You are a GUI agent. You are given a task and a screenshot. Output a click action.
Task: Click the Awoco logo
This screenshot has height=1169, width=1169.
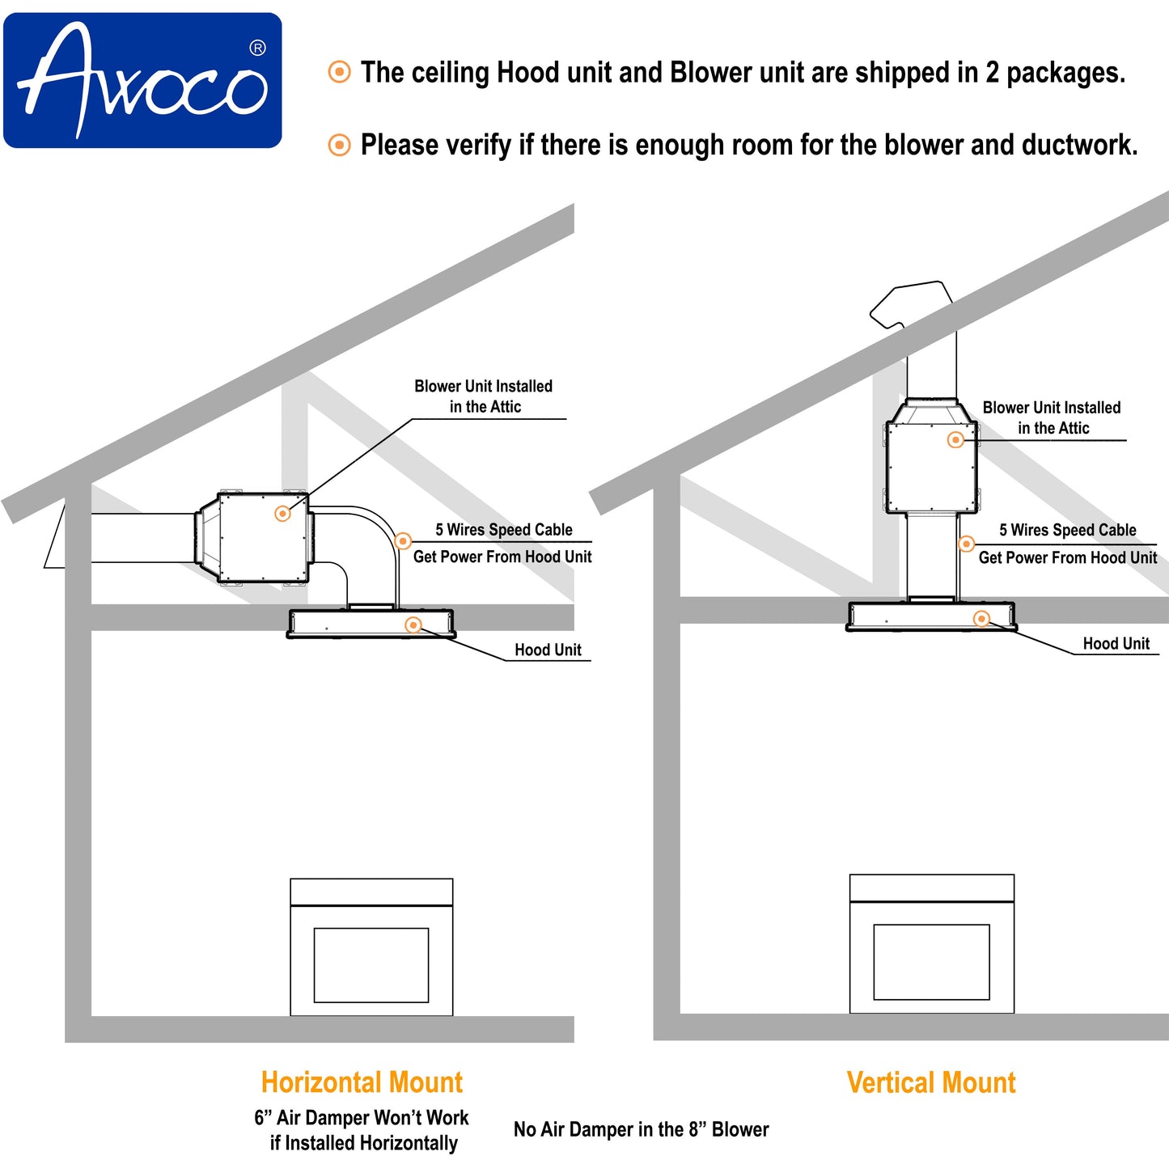(142, 80)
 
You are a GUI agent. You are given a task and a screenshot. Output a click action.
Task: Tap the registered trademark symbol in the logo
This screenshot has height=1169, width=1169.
(257, 49)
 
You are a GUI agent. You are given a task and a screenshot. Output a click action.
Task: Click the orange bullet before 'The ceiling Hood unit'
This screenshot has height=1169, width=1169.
(339, 72)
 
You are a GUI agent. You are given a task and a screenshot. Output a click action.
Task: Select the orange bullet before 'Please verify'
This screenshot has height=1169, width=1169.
(339, 145)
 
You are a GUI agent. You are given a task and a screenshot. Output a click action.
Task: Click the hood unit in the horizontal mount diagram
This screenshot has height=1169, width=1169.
(371, 624)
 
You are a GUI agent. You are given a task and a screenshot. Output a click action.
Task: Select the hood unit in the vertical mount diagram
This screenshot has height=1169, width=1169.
(930, 616)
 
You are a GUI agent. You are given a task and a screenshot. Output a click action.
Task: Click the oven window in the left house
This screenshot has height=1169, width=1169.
(371, 964)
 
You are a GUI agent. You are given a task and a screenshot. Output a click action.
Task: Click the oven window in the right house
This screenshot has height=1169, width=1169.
(931, 962)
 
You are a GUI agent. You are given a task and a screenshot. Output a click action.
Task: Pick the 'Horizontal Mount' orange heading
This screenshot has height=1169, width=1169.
(362, 1082)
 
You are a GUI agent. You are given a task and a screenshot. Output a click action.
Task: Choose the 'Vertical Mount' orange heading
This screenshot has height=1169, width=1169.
(931, 1082)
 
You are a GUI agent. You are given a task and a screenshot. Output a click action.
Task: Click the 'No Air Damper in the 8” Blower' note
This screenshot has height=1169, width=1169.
(641, 1129)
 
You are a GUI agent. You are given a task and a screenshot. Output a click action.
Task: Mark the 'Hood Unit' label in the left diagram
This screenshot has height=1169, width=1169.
(548, 650)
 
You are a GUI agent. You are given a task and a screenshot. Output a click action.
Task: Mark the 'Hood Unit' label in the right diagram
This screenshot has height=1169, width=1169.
(1116, 643)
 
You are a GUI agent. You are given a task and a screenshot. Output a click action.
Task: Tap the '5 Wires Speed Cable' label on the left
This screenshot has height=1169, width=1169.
(503, 530)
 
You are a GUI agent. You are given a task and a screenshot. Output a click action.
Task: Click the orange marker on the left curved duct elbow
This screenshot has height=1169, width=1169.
(403, 541)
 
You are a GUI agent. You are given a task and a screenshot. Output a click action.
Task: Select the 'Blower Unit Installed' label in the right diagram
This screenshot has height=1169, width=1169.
(1052, 408)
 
